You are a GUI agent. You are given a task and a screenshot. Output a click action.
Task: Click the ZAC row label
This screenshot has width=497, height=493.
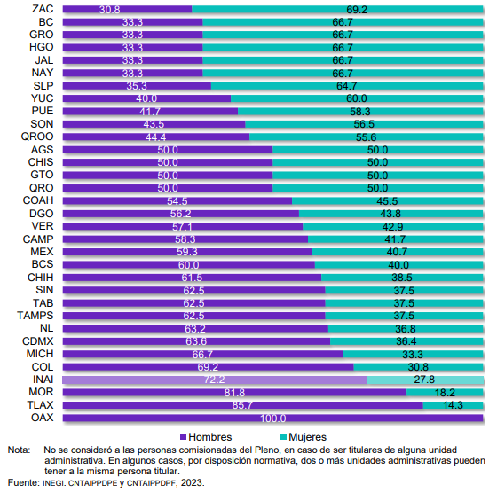pos(43,9)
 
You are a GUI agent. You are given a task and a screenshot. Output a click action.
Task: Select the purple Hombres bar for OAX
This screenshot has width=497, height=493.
pos(273,418)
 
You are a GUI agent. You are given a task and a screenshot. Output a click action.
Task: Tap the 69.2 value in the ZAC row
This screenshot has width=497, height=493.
pos(357,10)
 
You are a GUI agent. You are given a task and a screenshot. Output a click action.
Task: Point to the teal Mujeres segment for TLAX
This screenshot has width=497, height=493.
pos(453,405)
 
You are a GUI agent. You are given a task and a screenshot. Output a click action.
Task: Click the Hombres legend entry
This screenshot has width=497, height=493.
pos(206,437)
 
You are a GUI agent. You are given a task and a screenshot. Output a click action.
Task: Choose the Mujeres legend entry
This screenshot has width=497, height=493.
pos(304,437)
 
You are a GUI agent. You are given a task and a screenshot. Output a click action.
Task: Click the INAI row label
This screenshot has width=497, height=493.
pos(43,380)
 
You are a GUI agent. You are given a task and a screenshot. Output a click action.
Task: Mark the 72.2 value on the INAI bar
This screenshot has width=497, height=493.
pos(214,380)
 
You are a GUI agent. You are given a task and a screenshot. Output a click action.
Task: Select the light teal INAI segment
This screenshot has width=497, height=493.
pos(425,380)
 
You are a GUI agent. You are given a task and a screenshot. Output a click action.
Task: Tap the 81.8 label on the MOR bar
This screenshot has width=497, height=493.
pos(234,393)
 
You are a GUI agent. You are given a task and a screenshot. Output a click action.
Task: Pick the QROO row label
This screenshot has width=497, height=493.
pos(37,137)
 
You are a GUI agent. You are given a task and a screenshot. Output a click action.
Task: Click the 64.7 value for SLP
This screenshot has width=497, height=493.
pos(347,86)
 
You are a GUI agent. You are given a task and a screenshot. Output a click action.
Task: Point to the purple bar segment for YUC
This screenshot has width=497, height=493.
pos(146,98)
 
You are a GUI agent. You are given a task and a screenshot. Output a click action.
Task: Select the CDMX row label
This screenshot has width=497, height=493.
pos(37,341)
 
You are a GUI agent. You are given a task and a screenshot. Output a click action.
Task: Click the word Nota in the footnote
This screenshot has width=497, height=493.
pos(19,450)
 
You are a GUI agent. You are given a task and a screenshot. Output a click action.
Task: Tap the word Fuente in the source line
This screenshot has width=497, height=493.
pos(23,482)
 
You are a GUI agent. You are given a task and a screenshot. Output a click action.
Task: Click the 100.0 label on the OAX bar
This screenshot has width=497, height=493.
pos(273,419)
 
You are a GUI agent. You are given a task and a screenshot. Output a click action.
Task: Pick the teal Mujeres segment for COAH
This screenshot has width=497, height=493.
pos(388,201)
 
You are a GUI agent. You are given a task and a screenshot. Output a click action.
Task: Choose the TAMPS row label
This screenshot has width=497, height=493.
pos(35,316)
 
